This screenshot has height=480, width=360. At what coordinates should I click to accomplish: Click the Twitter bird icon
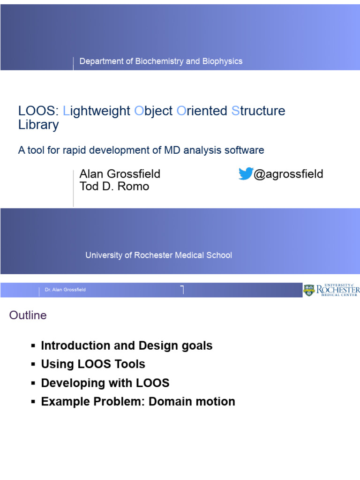coord(246,173)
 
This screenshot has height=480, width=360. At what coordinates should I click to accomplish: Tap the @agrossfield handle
coord(288,174)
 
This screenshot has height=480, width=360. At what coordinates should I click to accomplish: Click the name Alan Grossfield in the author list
coord(120,174)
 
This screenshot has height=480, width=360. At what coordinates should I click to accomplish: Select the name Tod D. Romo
coord(114,187)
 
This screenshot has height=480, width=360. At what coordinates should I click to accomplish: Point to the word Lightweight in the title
coord(97,111)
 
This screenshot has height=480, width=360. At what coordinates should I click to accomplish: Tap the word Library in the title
coord(38,125)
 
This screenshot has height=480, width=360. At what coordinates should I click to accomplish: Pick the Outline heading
coord(28,315)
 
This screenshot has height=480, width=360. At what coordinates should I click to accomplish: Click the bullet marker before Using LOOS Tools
coord(33,365)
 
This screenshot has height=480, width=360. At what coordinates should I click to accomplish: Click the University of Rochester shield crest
coord(309,290)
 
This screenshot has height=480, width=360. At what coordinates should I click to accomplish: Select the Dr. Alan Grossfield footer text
coord(65,290)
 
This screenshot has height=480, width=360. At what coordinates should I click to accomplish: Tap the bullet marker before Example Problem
coord(33,402)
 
